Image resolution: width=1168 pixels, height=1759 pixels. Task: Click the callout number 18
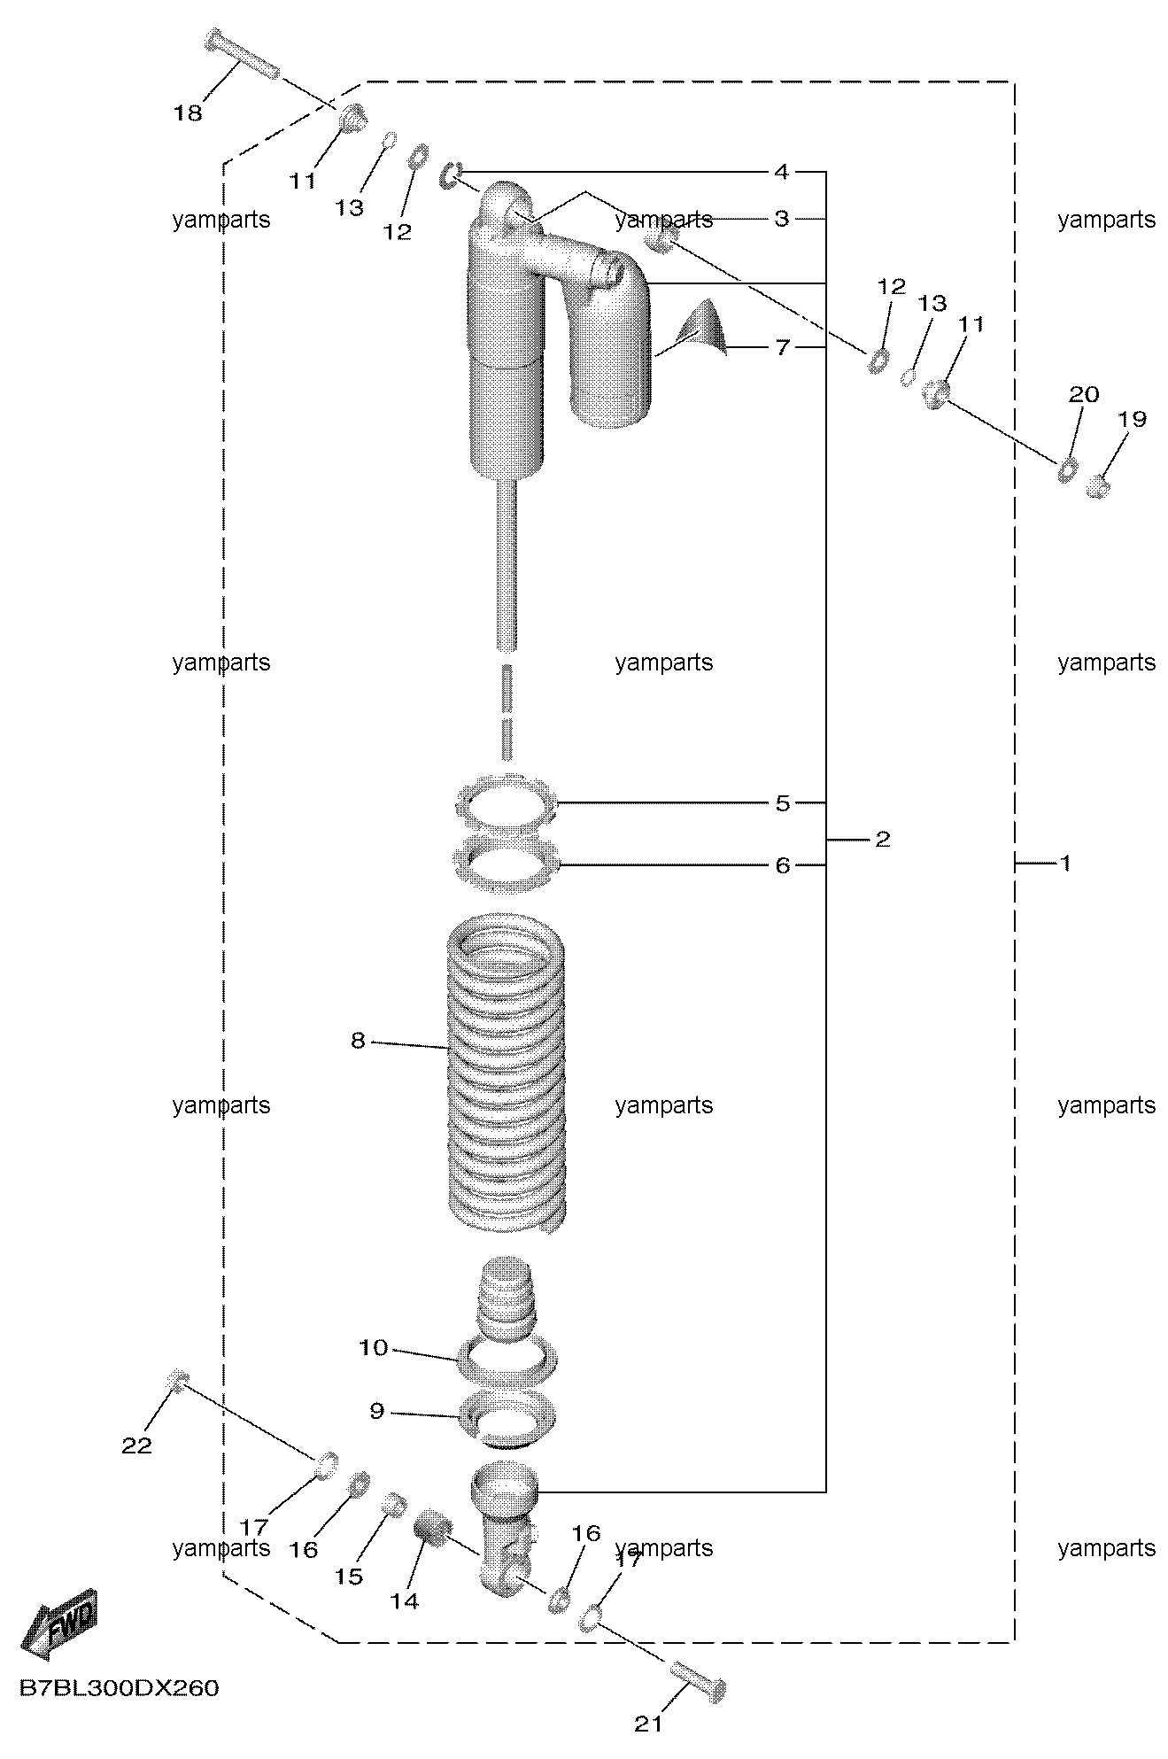click(188, 113)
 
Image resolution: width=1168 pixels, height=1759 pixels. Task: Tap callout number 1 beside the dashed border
click(1065, 862)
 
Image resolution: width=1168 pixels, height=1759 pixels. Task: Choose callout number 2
click(882, 839)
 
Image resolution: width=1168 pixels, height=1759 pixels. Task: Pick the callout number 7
click(782, 347)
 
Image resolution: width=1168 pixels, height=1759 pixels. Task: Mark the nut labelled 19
click(1098, 485)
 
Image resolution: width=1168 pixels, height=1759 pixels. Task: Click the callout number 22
click(136, 1445)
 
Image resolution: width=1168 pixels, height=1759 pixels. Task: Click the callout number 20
click(1084, 393)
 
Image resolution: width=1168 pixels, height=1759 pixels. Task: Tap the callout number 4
click(781, 171)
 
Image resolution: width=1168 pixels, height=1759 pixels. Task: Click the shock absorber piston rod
click(507, 567)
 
